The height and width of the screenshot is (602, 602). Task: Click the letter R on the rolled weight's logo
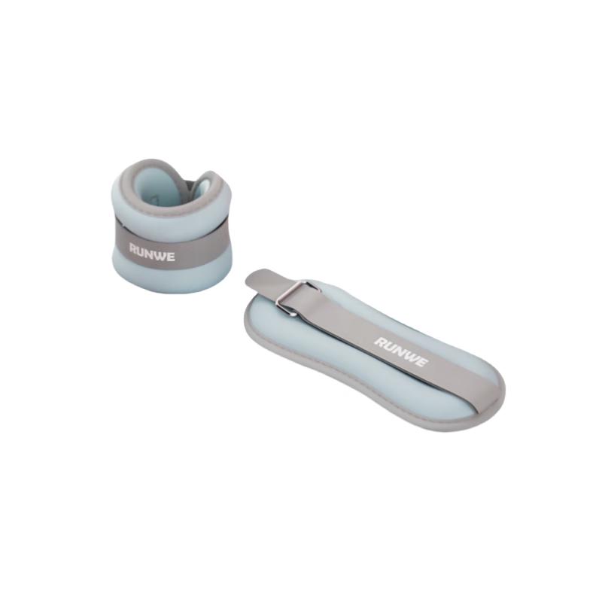133,249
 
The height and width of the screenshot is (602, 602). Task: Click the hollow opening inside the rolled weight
181,193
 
